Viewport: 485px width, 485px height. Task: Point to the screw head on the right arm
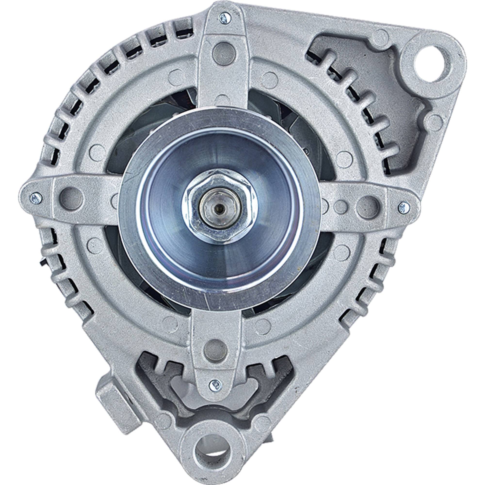[404, 208]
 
